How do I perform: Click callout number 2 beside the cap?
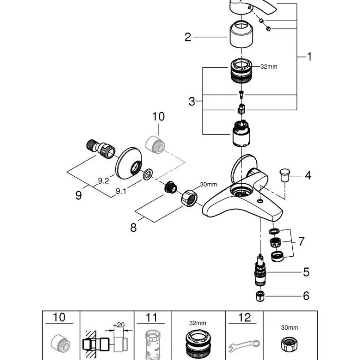[x=188, y=37]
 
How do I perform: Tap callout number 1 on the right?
[x=309, y=57]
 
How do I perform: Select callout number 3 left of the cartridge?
[x=192, y=101]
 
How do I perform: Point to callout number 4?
[x=308, y=176]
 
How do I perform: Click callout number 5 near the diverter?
[x=306, y=272]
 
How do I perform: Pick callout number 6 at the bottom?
[x=306, y=295]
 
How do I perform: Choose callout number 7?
[x=302, y=241]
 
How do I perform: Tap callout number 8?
[x=134, y=227]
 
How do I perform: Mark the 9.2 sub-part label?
[x=103, y=180]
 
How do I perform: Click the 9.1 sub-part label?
[x=121, y=190]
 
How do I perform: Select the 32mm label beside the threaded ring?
[x=269, y=67]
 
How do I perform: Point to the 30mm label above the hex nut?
[x=209, y=184]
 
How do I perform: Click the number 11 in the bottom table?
[x=151, y=318]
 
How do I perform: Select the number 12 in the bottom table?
[x=245, y=318]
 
